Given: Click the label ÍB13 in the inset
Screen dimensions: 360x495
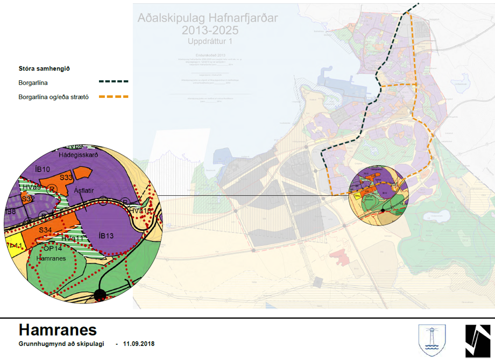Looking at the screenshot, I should (x=107, y=236).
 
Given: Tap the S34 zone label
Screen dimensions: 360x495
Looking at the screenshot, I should (x=45, y=230).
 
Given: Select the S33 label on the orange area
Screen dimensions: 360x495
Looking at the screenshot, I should (x=66, y=177).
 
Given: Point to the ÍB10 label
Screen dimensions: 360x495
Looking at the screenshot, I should (x=42, y=170).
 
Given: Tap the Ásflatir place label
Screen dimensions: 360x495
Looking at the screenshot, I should (x=85, y=190).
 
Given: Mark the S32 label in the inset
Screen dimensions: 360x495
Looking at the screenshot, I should (x=28, y=199).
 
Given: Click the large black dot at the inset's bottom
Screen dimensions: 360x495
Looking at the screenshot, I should (x=100, y=294).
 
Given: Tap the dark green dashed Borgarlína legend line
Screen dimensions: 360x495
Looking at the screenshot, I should (x=114, y=82).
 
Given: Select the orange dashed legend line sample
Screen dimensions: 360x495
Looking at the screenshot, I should (x=114, y=97).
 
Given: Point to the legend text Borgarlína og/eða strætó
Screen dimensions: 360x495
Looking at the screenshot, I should (x=53, y=97).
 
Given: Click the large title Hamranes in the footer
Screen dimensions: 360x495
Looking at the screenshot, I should (x=58, y=329).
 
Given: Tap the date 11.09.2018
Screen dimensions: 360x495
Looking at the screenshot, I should (x=139, y=343).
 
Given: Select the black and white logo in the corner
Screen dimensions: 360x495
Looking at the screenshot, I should (x=478, y=339).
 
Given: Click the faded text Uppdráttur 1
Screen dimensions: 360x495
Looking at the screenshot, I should (x=207, y=41).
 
